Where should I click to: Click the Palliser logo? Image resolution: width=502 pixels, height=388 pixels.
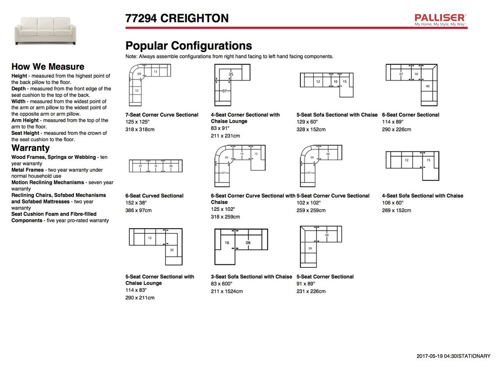point(440,20)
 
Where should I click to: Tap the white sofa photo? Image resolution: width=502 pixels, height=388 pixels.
point(45,30)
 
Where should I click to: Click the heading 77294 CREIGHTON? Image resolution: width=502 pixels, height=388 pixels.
point(177,19)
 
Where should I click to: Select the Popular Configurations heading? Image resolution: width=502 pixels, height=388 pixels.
point(189,46)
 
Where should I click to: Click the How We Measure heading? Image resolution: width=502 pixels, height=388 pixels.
point(48,67)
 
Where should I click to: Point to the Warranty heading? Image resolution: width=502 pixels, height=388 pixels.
point(30,148)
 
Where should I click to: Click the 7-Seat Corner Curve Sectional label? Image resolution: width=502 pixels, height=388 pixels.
point(162,115)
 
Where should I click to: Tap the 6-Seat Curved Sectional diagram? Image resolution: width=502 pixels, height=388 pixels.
point(155,166)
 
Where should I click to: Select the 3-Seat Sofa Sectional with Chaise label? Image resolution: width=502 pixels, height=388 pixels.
point(251,277)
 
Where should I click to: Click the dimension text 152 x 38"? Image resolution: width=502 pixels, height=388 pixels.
point(136,203)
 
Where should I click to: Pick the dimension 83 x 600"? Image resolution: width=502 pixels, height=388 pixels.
point(222,284)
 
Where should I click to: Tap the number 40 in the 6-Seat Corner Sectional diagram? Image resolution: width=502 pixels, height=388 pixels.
point(427,87)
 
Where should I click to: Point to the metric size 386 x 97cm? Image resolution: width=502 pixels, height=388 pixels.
point(138,210)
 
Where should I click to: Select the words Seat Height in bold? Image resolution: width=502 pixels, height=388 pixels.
point(25,133)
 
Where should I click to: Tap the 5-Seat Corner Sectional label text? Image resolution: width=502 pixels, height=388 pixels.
point(325,277)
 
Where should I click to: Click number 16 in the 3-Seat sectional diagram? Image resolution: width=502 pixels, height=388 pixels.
point(227,243)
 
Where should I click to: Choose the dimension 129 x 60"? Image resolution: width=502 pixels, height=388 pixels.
point(307,122)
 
